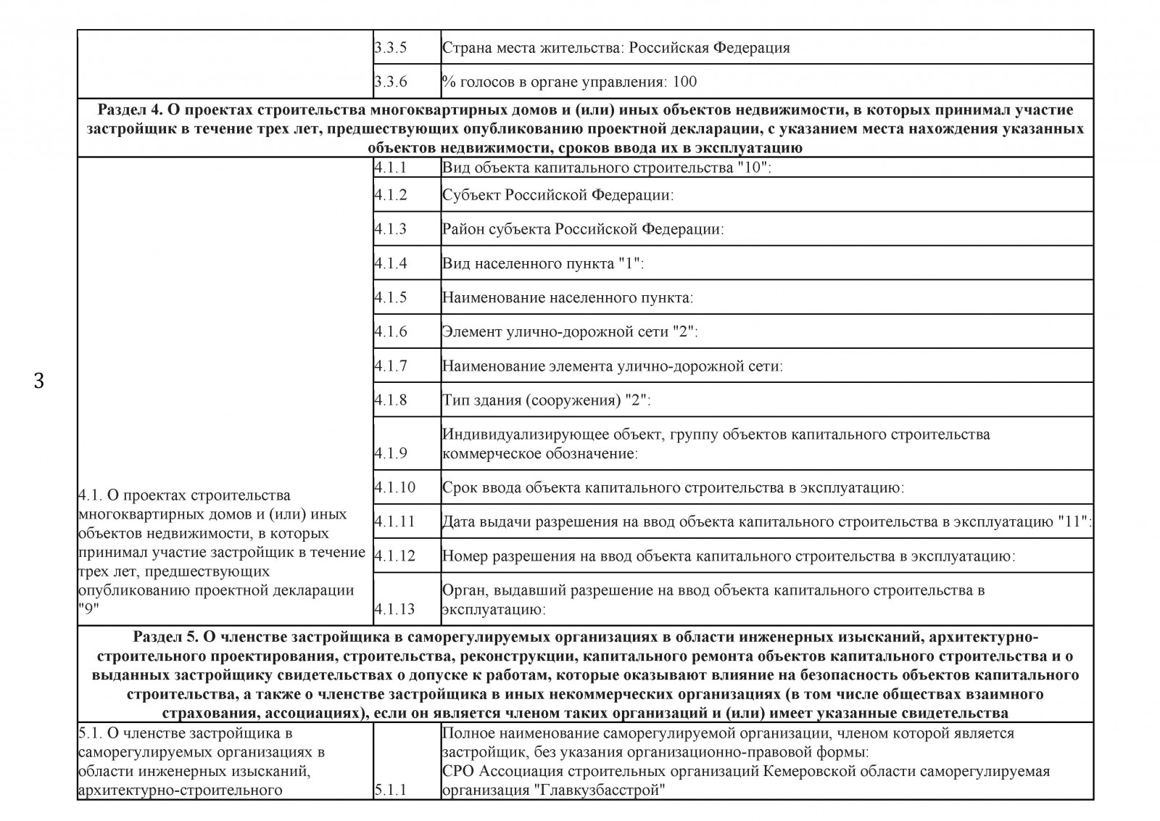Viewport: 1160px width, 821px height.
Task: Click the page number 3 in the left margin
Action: click(39, 381)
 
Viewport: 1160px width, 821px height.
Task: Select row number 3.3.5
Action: click(391, 49)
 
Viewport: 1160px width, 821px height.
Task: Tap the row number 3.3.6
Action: click(391, 82)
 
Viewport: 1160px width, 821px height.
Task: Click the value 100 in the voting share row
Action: click(684, 82)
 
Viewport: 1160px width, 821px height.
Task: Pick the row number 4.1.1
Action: click(391, 168)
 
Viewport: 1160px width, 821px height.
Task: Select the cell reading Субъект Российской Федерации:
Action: click(558, 195)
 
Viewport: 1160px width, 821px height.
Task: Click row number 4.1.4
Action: click(391, 263)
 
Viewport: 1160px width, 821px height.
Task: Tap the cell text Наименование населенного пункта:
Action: click(567, 298)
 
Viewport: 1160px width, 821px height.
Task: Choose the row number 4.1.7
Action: click(391, 366)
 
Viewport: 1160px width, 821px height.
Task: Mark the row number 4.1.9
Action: click(391, 454)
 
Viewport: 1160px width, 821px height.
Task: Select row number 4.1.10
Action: click(394, 487)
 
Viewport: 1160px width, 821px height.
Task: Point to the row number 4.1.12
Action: click(394, 556)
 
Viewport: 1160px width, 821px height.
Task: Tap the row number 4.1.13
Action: click(394, 609)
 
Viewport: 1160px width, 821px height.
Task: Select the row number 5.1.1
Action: click(391, 790)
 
